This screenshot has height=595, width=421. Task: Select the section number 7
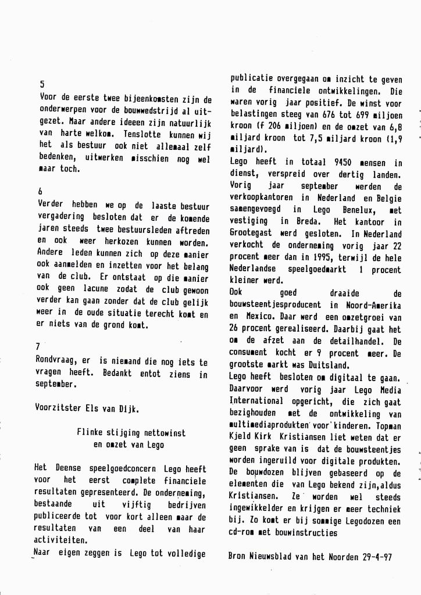(38, 346)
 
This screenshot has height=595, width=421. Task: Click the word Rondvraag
(56, 361)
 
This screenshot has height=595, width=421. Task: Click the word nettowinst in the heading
(163, 432)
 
